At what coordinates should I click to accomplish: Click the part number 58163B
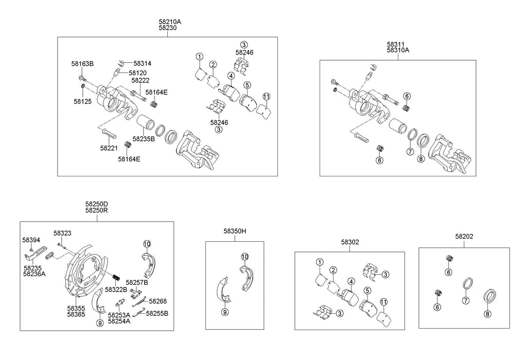(82, 64)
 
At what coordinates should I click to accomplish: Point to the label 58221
(109, 148)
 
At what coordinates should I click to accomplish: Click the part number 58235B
(144, 138)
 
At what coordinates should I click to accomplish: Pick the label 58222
(140, 80)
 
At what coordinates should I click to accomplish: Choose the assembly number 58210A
(170, 22)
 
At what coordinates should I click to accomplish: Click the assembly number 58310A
(398, 50)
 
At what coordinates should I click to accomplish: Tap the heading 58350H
(235, 231)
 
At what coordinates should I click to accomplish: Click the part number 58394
(31, 240)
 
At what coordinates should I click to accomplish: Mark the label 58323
(62, 233)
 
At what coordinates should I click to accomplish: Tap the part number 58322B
(116, 290)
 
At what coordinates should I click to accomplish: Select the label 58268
(158, 301)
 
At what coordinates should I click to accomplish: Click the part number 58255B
(157, 313)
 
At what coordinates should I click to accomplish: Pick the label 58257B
(137, 282)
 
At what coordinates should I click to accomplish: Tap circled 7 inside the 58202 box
(465, 300)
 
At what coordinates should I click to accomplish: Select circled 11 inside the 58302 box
(383, 301)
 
